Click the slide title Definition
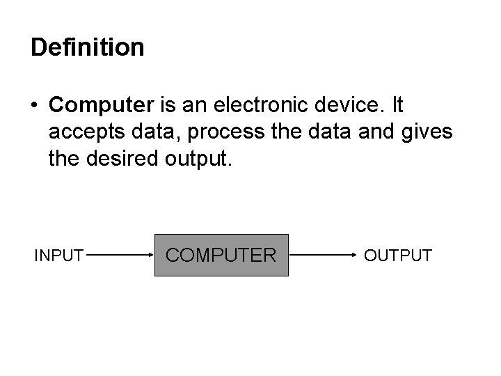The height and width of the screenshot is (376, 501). (x=88, y=47)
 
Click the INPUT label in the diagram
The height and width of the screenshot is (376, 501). (x=59, y=256)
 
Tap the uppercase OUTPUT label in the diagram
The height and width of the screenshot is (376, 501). (x=398, y=256)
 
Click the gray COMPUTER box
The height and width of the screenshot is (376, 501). (x=221, y=256)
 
